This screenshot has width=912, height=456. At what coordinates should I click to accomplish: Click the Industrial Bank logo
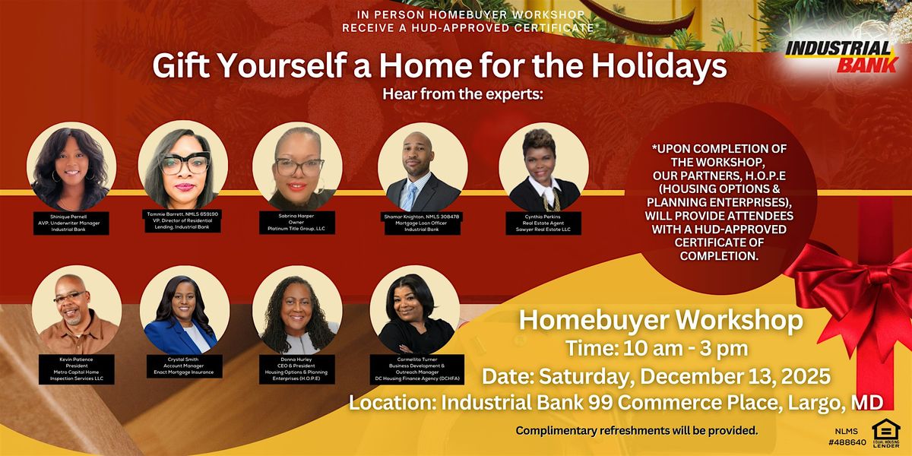tap(841, 57)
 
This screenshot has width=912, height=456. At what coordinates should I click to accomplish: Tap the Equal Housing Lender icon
tap(885, 431)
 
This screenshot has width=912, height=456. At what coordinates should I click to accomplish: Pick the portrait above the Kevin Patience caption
tap(76, 312)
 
